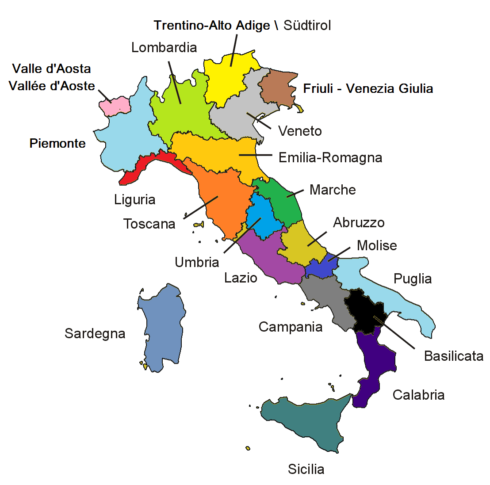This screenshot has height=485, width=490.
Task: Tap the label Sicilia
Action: pyautogui.click(x=306, y=469)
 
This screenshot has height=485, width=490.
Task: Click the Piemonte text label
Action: pyautogui.click(x=57, y=143)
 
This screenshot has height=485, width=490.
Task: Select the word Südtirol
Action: pyautogui.click(x=307, y=26)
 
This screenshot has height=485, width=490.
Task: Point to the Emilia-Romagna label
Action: pyautogui.click(x=330, y=158)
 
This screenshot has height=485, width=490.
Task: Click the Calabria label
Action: pyautogui.click(x=418, y=395)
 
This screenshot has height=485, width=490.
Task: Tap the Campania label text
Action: pyautogui.click(x=290, y=327)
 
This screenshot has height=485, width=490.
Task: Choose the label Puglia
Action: pyautogui.click(x=412, y=279)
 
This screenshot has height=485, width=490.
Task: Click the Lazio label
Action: pyautogui.click(x=241, y=278)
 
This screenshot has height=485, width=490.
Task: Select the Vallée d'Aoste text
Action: pyautogui.click(x=52, y=86)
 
